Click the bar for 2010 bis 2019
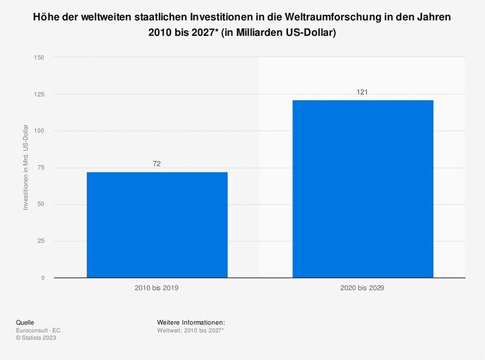point(157,225)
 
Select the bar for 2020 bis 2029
point(363,188)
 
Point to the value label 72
point(157,164)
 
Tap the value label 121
point(363,92)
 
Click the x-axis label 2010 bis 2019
point(157,289)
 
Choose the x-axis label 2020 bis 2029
point(363,289)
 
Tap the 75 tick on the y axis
point(41,168)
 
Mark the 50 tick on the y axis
point(41,205)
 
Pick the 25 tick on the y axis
point(41,241)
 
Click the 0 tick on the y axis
point(42,278)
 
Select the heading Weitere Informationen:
point(191,322)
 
